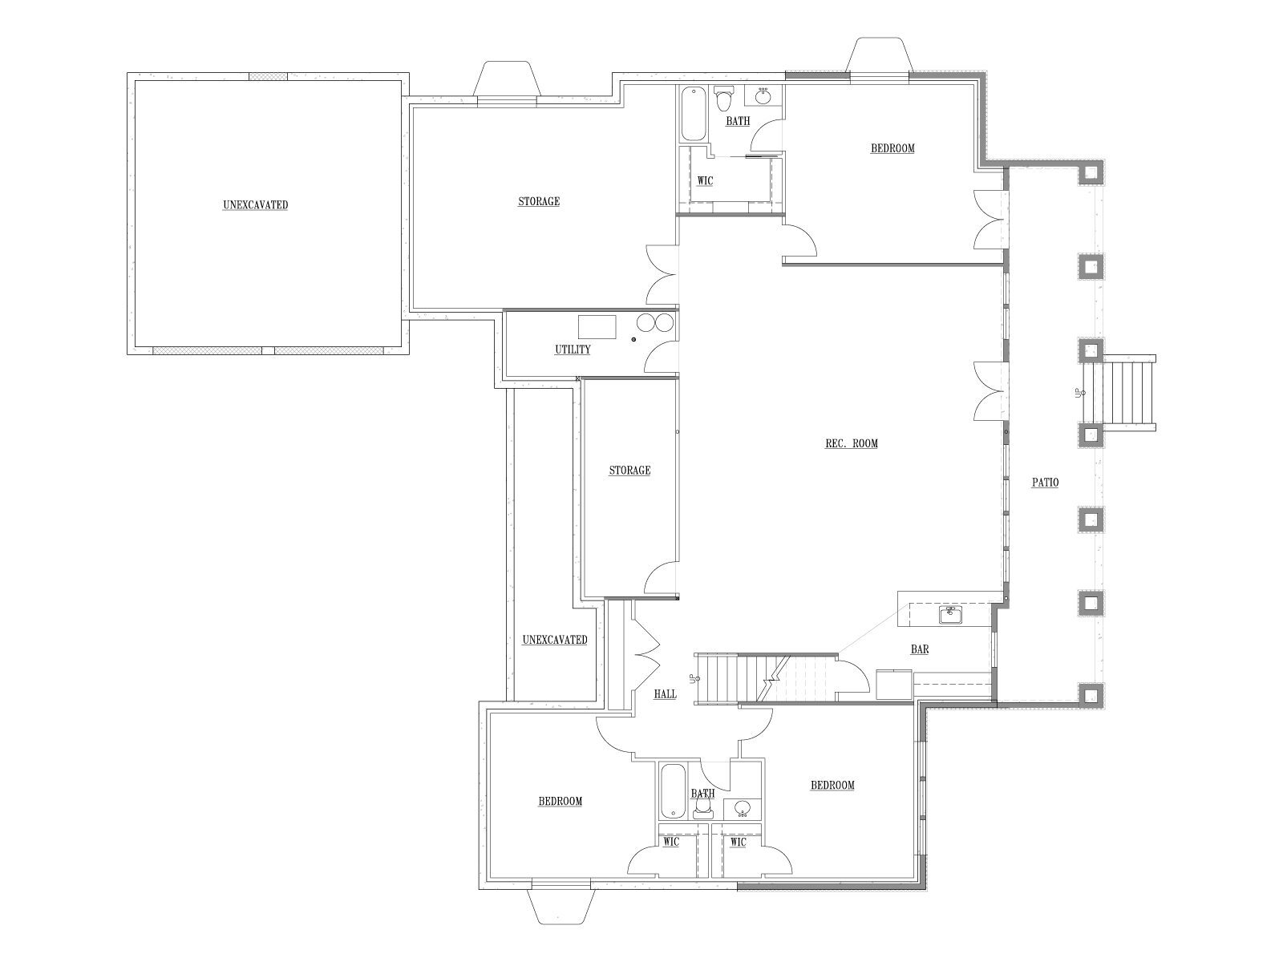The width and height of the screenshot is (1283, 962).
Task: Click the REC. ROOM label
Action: (851, 444)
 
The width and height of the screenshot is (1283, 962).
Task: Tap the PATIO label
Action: (1045, 483)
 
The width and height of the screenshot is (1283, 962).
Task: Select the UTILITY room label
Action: (573, 350)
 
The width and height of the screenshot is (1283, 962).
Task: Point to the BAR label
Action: (920, 649)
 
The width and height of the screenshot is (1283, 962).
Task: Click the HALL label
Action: (666, 694)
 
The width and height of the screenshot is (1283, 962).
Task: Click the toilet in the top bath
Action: (723, 98)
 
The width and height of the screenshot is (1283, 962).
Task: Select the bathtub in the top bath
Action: (694, 113)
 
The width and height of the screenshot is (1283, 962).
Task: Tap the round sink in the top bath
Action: (763, 95)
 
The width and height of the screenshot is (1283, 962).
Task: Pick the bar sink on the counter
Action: (951, 615)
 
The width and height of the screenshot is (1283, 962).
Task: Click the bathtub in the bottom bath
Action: (673, 791)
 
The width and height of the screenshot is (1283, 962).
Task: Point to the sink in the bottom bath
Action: (743, 809)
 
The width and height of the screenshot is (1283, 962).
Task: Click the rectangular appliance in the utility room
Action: (597, 327)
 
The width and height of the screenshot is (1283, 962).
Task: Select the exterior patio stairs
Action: (1119, 393)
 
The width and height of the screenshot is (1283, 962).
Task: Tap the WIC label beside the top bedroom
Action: (705, 181)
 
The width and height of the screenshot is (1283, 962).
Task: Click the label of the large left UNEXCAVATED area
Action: (256, 205)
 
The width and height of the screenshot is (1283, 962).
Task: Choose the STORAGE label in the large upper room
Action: (539, 202)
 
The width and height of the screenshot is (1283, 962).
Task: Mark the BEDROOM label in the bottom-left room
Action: (560, 802)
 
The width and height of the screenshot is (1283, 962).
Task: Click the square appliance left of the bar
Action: (894, 684)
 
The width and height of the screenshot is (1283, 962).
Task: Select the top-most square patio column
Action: (1091, 172)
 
